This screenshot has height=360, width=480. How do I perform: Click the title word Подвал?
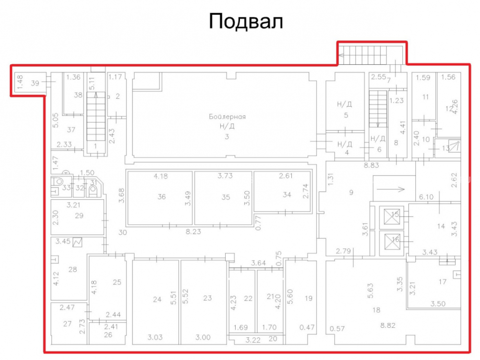click(x=246, y=22)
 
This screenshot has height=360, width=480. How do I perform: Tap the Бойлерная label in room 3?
click(x=227, y=117)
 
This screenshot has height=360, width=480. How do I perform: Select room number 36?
click(x=162, y=197)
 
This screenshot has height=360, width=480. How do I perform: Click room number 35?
click(x=226, y=197)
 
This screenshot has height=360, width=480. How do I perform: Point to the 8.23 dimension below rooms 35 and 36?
click(x=193, y=232)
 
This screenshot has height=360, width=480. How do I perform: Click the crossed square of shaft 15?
click(x=392, y=217)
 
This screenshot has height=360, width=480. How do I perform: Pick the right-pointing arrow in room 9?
click(x=391, y=189)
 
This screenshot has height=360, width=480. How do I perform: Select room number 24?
click(x=157, y=300)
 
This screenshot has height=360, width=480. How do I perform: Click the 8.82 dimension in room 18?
click(x=388, y=325)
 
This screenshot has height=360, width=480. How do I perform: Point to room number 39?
click(x=35, y=83)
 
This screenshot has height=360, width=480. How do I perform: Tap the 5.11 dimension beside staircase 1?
click(x=92, y=83)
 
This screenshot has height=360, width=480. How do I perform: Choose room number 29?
click(x=79, y=216)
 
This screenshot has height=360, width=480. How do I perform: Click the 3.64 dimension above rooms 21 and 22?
click(x=259, y=263)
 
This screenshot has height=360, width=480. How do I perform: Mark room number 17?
click(x=443, y=282)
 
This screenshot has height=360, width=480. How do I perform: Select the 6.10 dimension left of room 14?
click(x=426, y=197)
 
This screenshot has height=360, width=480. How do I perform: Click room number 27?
click(x=67, y=324)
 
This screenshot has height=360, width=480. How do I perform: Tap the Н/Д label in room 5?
click(x=344, y=104)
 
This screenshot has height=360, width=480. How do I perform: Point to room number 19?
click(x=309, y=298)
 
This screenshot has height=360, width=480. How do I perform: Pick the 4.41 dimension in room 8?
click(x=403, y=128)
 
